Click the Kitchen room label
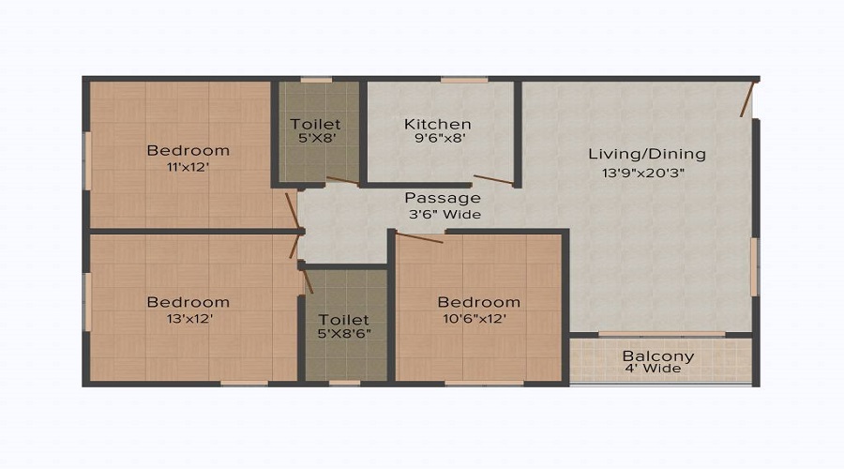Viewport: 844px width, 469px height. tap(438, 124)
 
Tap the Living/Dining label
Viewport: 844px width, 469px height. tap(646, 154)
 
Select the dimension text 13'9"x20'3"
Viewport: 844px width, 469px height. tap(643, 173)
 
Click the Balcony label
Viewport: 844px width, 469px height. tap(657, 356)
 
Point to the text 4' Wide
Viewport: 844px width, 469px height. tap(653, 369)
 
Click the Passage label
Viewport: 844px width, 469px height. tap(443, 198)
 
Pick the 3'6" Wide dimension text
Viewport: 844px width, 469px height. tap(445, 214)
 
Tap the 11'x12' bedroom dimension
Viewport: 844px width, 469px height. tap(188, 168)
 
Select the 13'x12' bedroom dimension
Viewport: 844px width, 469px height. tap(189, 319)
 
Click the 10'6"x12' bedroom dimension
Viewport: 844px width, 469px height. tap(475, 319)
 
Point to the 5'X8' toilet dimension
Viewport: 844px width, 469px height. tap(317, 138)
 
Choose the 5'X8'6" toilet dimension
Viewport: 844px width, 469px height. tap(344, 333)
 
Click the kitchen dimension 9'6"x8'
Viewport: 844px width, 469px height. tap(440, 138)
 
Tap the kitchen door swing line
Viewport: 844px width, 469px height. tap(493, 179)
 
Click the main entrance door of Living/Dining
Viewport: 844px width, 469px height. tap(748, 98)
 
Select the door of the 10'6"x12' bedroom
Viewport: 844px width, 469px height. tap(419, 237)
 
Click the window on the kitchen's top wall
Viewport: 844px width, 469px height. tap(464, 80)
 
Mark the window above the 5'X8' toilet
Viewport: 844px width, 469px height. tap(316, 80)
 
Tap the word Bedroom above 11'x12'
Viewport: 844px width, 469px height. tap(188, 151)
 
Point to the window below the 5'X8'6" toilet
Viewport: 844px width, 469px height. tap(344, 384)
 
